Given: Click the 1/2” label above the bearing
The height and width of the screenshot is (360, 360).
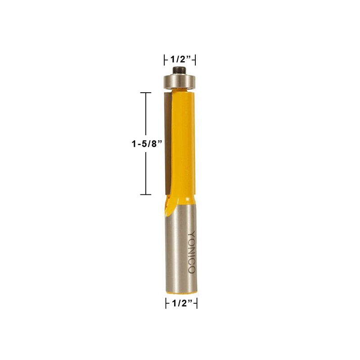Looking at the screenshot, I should point(180,59).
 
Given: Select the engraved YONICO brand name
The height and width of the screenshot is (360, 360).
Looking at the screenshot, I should point(191,252).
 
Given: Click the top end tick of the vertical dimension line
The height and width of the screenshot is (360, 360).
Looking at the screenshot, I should point(145,93).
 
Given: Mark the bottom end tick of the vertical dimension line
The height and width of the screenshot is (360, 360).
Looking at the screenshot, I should point(145,194).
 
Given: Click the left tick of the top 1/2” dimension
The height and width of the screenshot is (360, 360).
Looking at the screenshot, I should point(163,59).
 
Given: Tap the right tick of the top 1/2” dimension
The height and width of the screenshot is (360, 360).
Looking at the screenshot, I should point(195,59).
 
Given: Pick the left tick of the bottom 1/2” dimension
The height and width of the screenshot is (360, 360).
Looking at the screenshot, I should point(165,304).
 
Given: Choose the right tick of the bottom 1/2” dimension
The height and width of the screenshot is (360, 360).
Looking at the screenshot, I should point(197,304).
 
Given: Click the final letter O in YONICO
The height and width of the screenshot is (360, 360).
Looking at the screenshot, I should point(191,270).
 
